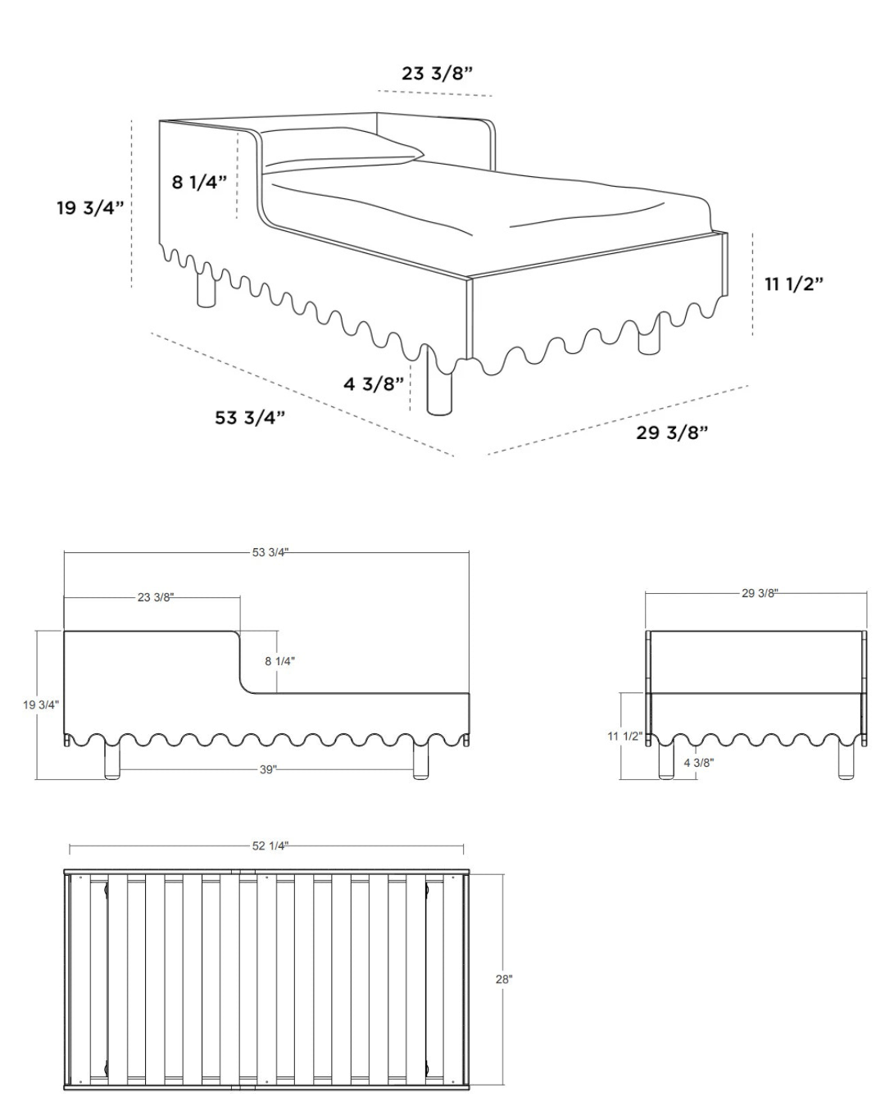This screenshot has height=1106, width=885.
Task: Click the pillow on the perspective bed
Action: point(343,150)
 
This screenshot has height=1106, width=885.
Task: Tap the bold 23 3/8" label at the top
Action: point(437,74)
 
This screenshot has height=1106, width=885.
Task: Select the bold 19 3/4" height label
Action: point(90,207)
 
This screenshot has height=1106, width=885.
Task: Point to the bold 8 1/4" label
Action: point(199,181)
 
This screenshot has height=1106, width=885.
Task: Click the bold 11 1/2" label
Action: point(794,283)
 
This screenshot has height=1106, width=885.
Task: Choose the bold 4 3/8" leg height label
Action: point(374,383)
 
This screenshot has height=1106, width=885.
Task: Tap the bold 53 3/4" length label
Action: point(250,417)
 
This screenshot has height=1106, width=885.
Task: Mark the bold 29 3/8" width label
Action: point(672,433)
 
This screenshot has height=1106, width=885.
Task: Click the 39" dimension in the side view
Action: point(268,769)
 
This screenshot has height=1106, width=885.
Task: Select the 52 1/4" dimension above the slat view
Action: point(270,845)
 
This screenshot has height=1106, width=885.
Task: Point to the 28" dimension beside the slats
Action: point(504,979)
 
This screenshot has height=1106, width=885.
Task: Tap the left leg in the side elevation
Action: point(112,760)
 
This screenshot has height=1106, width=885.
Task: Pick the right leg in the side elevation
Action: point(420,760)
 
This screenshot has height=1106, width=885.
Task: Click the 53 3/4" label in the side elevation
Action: point(270,552)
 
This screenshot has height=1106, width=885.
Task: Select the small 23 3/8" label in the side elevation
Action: point(156,597)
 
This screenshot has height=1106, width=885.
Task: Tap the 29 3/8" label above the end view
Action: point(760,593)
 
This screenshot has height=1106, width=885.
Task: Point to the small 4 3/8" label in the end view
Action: point(699,763)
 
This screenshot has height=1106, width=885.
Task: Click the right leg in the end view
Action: point(846,760)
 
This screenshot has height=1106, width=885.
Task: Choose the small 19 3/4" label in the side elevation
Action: point(41,705)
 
